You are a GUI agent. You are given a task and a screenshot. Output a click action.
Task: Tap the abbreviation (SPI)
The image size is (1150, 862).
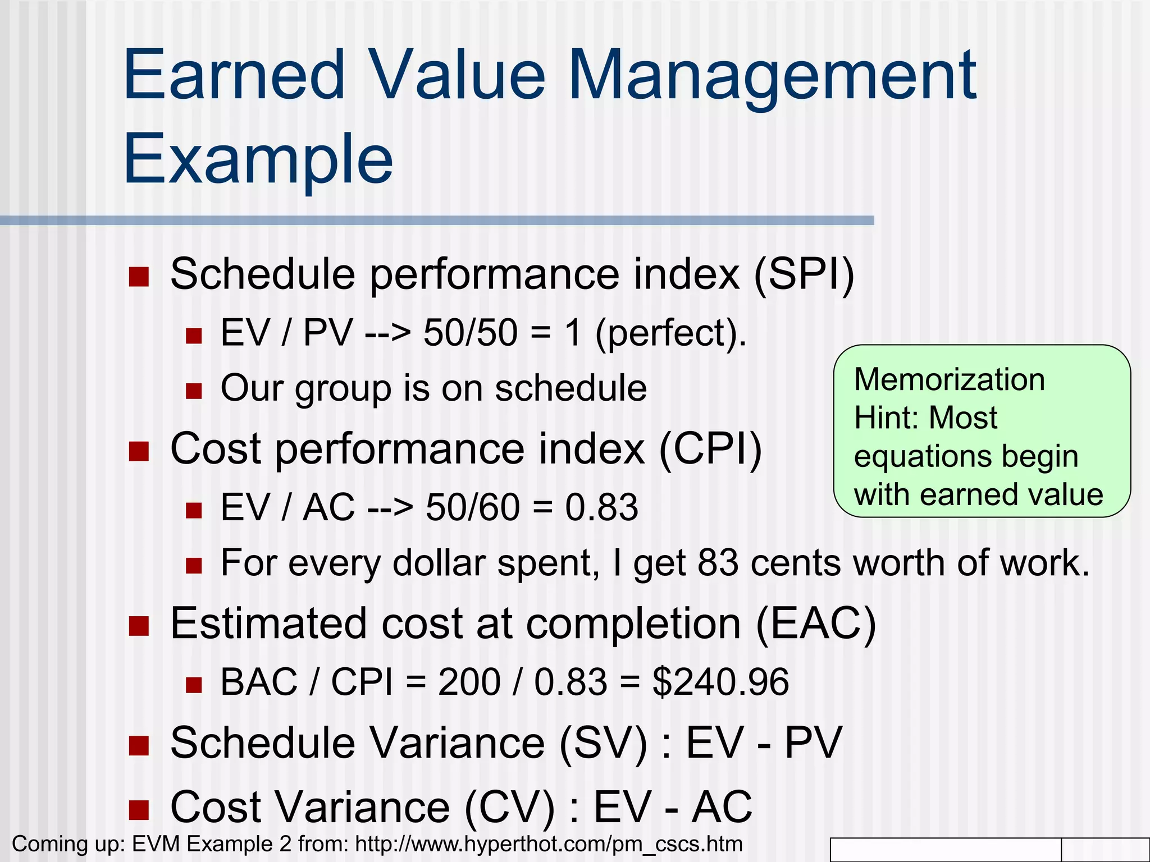(x=804, y=274)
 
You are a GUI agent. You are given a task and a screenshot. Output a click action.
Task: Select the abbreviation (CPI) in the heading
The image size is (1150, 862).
(x=710, y=449)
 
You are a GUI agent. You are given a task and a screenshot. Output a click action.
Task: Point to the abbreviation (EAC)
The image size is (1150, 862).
(x=815, y=623)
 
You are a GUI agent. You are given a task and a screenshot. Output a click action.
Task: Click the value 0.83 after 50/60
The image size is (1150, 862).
(x=601, y=507)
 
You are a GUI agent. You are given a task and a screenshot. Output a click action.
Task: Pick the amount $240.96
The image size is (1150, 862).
(x=720, y=682)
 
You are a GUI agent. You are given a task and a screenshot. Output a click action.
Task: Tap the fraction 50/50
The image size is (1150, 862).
(x=470, y=333)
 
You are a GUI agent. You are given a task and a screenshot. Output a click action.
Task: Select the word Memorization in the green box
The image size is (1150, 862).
(x=949, y=379)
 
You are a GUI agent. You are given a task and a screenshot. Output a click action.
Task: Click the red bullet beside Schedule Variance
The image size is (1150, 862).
(x=139, y=746)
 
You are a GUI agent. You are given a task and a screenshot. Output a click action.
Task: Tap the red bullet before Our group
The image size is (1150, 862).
(x=194, y=391)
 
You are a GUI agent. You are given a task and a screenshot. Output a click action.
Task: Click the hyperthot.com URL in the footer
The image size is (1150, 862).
(x=549, y=844)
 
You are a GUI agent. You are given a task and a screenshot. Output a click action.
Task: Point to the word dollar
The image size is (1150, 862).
(x=439, y=563)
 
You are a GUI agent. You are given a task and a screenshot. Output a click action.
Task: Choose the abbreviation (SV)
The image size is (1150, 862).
(x=604, y=744)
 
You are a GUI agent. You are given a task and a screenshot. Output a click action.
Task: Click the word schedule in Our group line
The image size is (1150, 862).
(x=571, y=388)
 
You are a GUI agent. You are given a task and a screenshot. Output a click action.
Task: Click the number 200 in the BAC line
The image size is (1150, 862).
(x=469, y=682)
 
